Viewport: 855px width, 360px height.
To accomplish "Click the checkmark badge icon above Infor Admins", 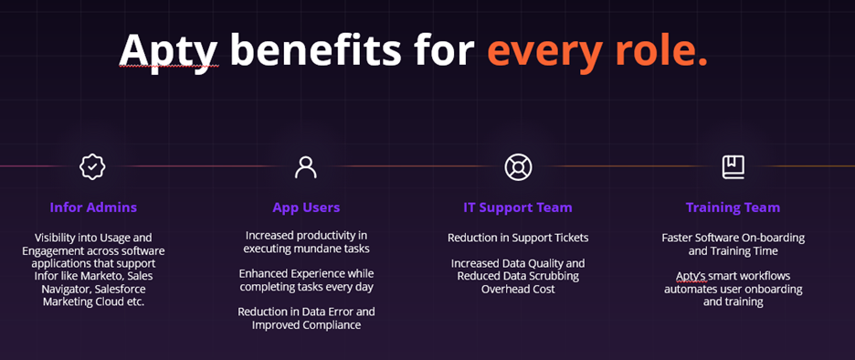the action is coord(92,167).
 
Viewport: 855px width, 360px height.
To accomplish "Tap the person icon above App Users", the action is coord(306,167).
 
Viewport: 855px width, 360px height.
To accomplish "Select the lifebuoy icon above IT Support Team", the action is coord(518,167).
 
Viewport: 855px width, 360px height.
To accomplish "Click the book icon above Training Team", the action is coord(733,167).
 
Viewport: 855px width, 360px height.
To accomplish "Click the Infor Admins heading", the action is coord(93,207).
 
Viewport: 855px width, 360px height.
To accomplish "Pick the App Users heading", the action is coord(306,207).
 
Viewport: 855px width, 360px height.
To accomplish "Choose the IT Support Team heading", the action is coord(518,207).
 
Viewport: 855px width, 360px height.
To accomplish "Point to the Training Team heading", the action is coord(733,207).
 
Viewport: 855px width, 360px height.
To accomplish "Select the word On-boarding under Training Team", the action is coord(773,238).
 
